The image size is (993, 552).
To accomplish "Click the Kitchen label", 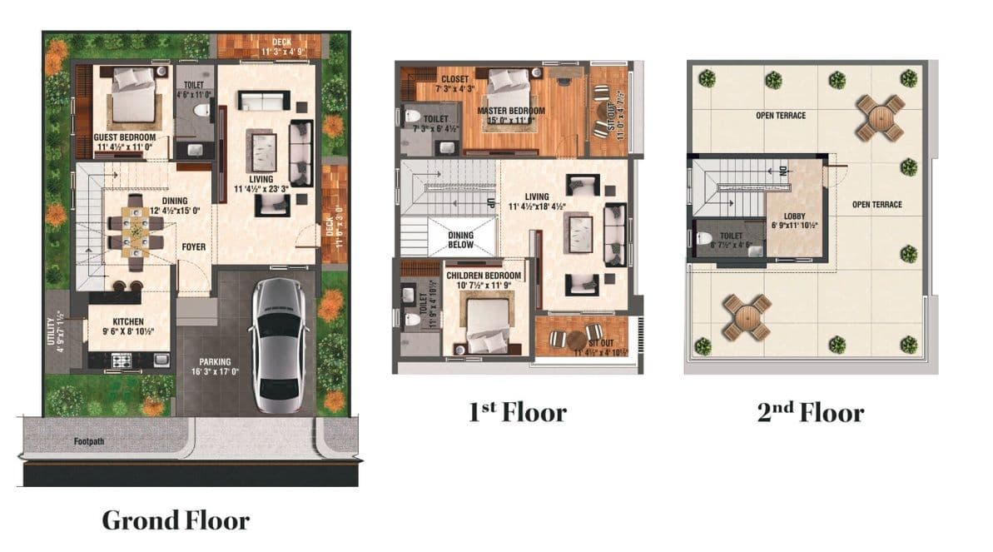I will (128, 321).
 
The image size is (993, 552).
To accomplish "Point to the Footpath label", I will (88, 440).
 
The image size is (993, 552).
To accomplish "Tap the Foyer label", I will (193, 247).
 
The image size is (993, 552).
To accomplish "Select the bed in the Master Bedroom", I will (509, 86).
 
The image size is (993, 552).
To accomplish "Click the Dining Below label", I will (460, 240).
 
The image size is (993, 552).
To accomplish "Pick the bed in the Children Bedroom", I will (487, 326).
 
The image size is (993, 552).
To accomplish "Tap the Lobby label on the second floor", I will (794, 216).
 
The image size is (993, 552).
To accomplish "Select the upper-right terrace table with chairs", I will (881, 117).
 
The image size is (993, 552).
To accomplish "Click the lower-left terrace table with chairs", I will (747, 316).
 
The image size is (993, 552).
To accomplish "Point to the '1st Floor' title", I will (517, 411).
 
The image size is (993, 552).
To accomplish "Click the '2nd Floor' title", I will (810, 411).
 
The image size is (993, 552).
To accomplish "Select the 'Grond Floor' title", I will (175, 520).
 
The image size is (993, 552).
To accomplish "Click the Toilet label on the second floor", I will (732, 236).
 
